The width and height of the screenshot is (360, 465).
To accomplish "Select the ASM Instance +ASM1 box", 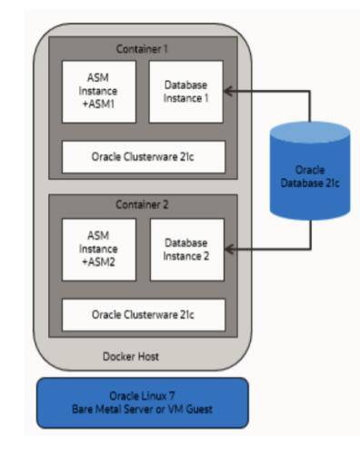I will pyautogui.click(x=98, y=91).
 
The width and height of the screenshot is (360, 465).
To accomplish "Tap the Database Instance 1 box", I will pyautogui.click(x=185, y=91).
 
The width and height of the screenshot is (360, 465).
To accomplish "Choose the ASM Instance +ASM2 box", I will pyautogui.click(x=98, y=249).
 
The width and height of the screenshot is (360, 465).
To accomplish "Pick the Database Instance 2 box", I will pyautogui.click(x=185, y=249).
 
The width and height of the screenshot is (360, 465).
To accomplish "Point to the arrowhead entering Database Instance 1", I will pyautogui.click(x=228, y=91).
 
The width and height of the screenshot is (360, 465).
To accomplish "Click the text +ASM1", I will pyautogui.click(x=98, y=104).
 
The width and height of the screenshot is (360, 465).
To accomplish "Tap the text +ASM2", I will pyautogui.click(x=98, y=262).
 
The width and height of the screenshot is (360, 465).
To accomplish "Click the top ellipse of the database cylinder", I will pyautogui.click(x=309, y=133).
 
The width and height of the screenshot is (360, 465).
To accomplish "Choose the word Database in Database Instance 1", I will pyautogui.click(x=185, y=84).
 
